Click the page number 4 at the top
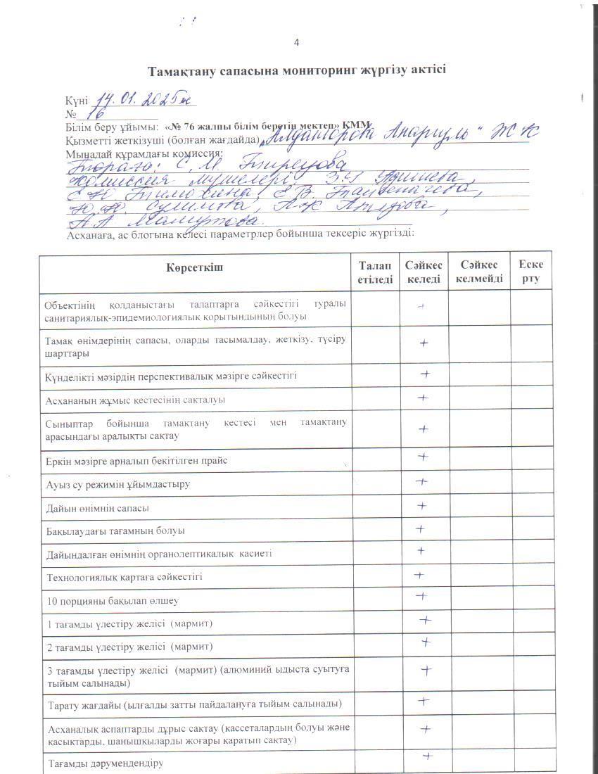296,43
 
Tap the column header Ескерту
530,272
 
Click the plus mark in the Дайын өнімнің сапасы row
422,506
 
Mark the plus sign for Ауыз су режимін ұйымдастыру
422,482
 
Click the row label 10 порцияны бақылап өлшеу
112,601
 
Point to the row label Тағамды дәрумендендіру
105,763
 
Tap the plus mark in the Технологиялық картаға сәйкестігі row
419,576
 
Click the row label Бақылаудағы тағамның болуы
115,531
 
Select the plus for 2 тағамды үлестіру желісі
426,642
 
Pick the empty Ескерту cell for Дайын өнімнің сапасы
530,506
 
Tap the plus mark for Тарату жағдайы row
424,701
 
